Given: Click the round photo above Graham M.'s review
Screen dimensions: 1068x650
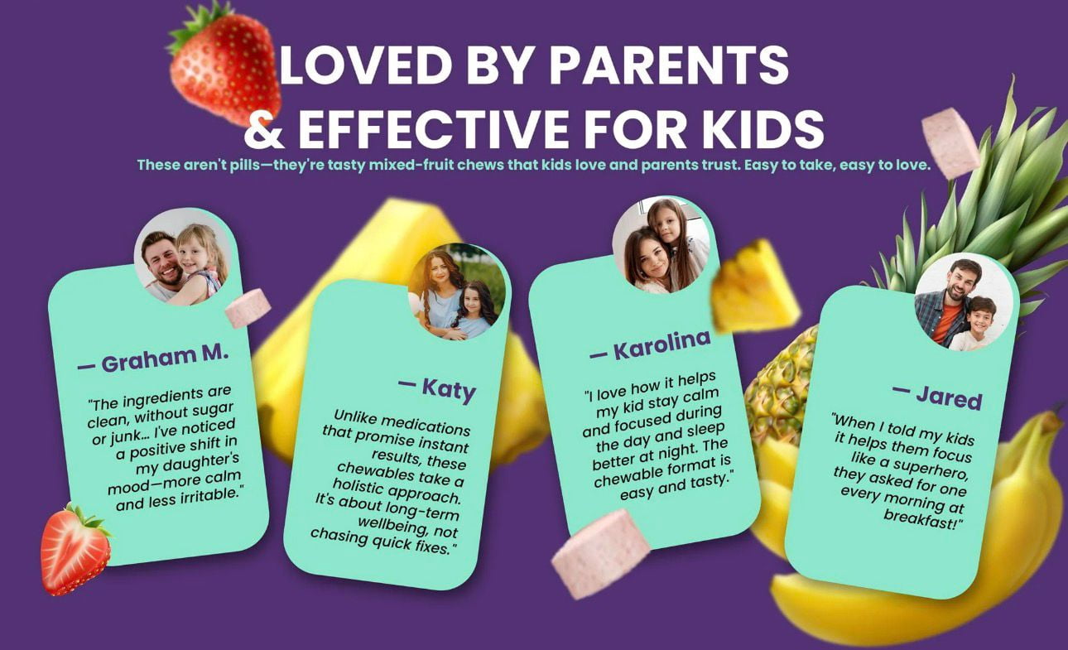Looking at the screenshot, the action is (x=183, y=258).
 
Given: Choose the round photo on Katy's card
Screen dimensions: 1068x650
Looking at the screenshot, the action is (x=457, y=291).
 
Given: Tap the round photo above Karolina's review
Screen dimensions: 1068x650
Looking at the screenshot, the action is (x=661, y=244).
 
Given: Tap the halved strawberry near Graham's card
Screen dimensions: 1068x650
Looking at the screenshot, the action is (x=75, y=549).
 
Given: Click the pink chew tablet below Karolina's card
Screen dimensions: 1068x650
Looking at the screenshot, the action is (x=600, y=554).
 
